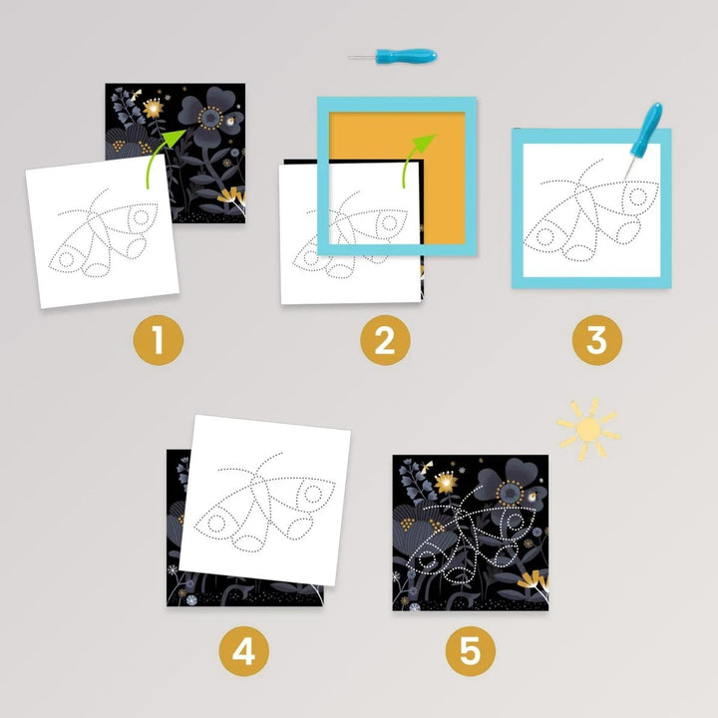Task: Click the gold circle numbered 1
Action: tap(158, 340)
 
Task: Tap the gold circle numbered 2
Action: tap(385, 340)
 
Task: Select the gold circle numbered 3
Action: tap(597, 340)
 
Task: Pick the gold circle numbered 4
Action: tap(243, 650)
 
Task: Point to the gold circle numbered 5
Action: tap(471, 650)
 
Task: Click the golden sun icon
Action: tap(589, 428)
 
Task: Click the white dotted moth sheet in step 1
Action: tap(103, 231)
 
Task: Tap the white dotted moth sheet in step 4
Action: tap(264, 500)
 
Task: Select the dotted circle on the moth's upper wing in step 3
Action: tap(637, 196)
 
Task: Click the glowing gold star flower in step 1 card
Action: tap(153, 109)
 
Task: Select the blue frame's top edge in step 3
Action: tap(591, 136)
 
